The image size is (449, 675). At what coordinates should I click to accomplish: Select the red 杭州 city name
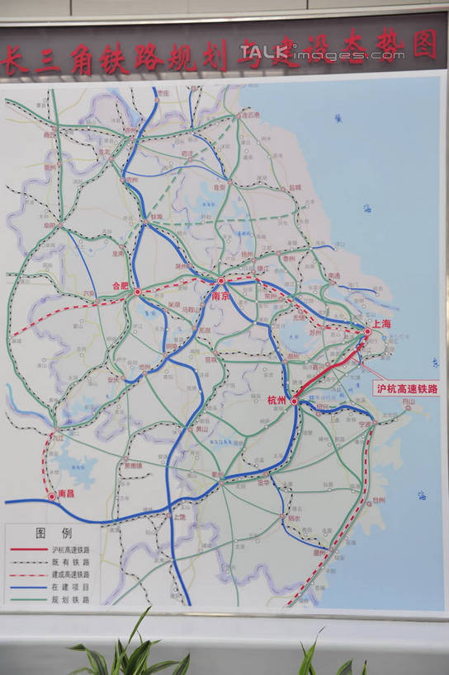pos(276,400)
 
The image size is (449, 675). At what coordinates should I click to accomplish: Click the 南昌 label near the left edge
pos(66,494)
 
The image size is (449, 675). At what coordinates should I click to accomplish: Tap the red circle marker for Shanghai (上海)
pos(368,331)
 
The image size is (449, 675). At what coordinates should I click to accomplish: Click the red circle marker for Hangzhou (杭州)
pos(294,401)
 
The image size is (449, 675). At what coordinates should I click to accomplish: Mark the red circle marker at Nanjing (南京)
pos(221,281)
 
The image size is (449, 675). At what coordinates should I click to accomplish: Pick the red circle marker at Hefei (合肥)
pos(138,291)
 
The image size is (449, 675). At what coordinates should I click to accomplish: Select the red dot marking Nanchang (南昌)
pos(51,496)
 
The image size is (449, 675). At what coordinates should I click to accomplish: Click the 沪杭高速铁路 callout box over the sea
pos(407,387)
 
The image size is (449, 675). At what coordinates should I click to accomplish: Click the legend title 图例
pos(53,533)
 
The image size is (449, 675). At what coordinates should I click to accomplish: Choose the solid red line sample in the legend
pos(28,549)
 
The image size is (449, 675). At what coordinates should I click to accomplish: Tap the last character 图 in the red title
pos(424,44)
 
